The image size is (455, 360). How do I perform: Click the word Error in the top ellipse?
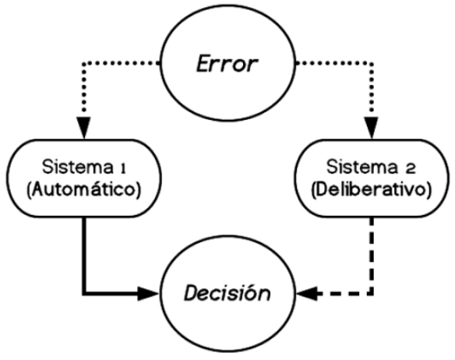pyautogui.click(x=227, y=64)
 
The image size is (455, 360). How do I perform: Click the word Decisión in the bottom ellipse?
pyautogui.click(x=227, y=293)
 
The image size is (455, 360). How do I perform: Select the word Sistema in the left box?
pyautogui.click(x=78, y=168)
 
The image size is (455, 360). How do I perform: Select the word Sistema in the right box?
pyautogui.click(x=362, y=168)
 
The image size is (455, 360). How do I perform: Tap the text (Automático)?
pyautogui.click(x=83, y=190)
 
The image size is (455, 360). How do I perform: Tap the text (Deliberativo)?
pyautogui.click(x=371, y=190)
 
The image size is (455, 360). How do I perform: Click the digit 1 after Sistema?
pyautogui.click(x=123, y=169)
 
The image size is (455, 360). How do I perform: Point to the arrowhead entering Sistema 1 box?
pyautogui.click(x=84, y=128)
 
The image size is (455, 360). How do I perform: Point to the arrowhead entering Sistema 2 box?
pyautogui.click(x=372, y=128)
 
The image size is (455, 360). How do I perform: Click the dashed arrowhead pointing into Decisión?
pyautogui.click(x=307, y=294)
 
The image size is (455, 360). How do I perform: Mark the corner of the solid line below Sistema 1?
pyautogui.click(x=84, y=294)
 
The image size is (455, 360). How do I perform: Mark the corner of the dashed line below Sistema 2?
pyautogui.click(x=372, y=294)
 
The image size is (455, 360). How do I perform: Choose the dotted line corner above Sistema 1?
pyautogui.click(x=84, y=63)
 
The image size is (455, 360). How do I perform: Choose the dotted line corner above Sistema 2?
pyautogui.click(x=372, y=63)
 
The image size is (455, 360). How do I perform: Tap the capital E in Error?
pyautogui.click(x=204, y=64)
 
